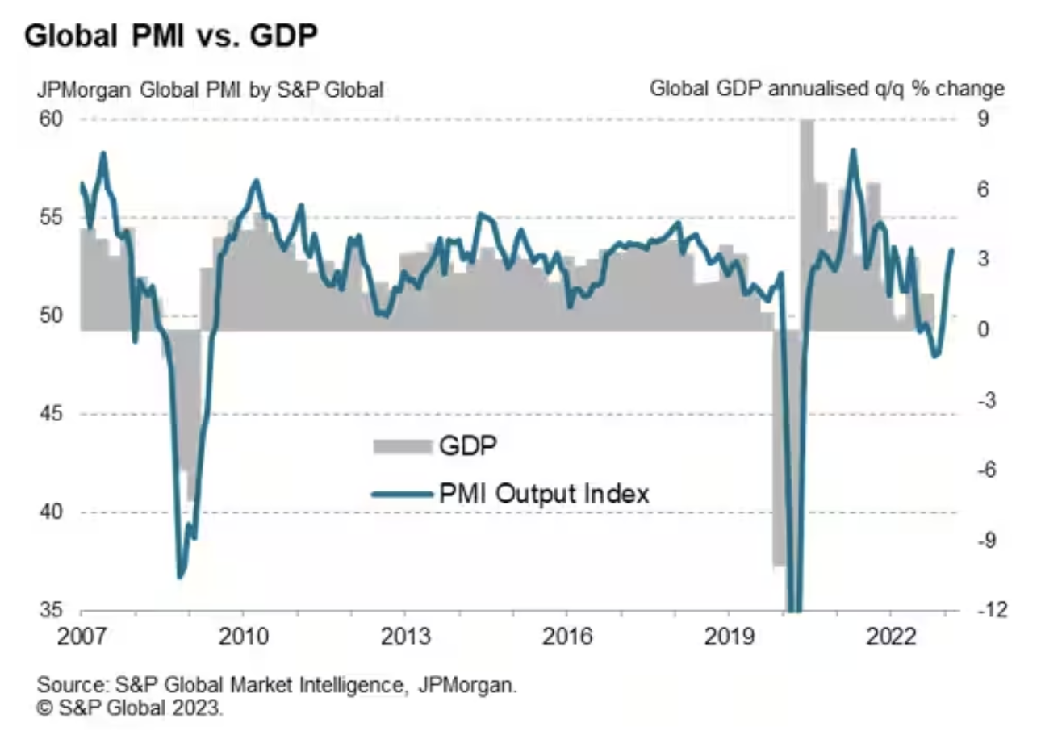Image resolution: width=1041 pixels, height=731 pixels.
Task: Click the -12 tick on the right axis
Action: click(x=983, y=611)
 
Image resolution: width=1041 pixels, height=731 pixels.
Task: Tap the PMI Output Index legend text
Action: click(x=543, y=493)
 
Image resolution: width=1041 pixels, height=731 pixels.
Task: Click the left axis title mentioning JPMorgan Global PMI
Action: click(x=209, y=89)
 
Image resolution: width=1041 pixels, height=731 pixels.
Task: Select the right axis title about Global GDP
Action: click(x=827, y=89)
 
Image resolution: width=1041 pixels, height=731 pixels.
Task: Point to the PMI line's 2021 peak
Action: click(x=853, y=150)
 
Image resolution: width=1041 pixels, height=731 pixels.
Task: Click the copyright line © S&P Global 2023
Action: click(x=128, y=708)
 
